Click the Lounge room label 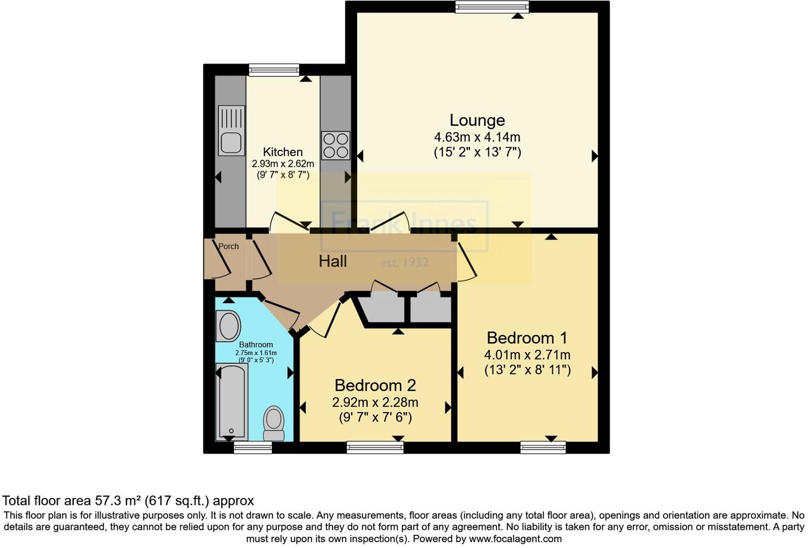click(477, 121)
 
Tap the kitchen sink click(231, 131)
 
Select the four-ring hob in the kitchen click(335, 145)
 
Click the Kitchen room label click(283, 152)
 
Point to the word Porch click(229, 246)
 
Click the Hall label click(333, 261)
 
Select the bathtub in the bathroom click(231, 401)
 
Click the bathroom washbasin click(228, 326)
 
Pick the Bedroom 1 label click(527, 338)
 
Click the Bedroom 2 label click(375, 385)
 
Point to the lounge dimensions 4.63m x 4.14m click(477, 137)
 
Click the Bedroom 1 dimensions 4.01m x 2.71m click(527, 355)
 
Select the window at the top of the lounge click(492, 6)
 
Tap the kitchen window click(274, 70)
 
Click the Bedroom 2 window click(375, 448)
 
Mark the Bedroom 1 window click(543, 448)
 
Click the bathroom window click(253, 448)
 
